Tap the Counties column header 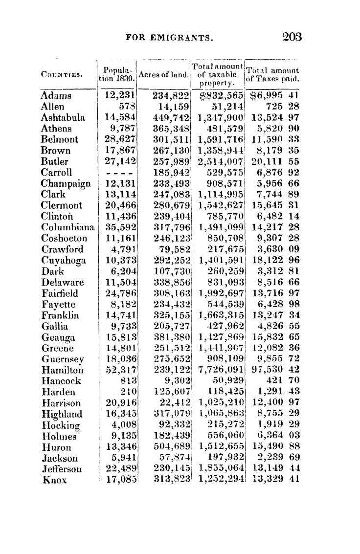[61, 75]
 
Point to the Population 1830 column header [117, 75]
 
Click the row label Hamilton [62, 371]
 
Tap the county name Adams [56, 96]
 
